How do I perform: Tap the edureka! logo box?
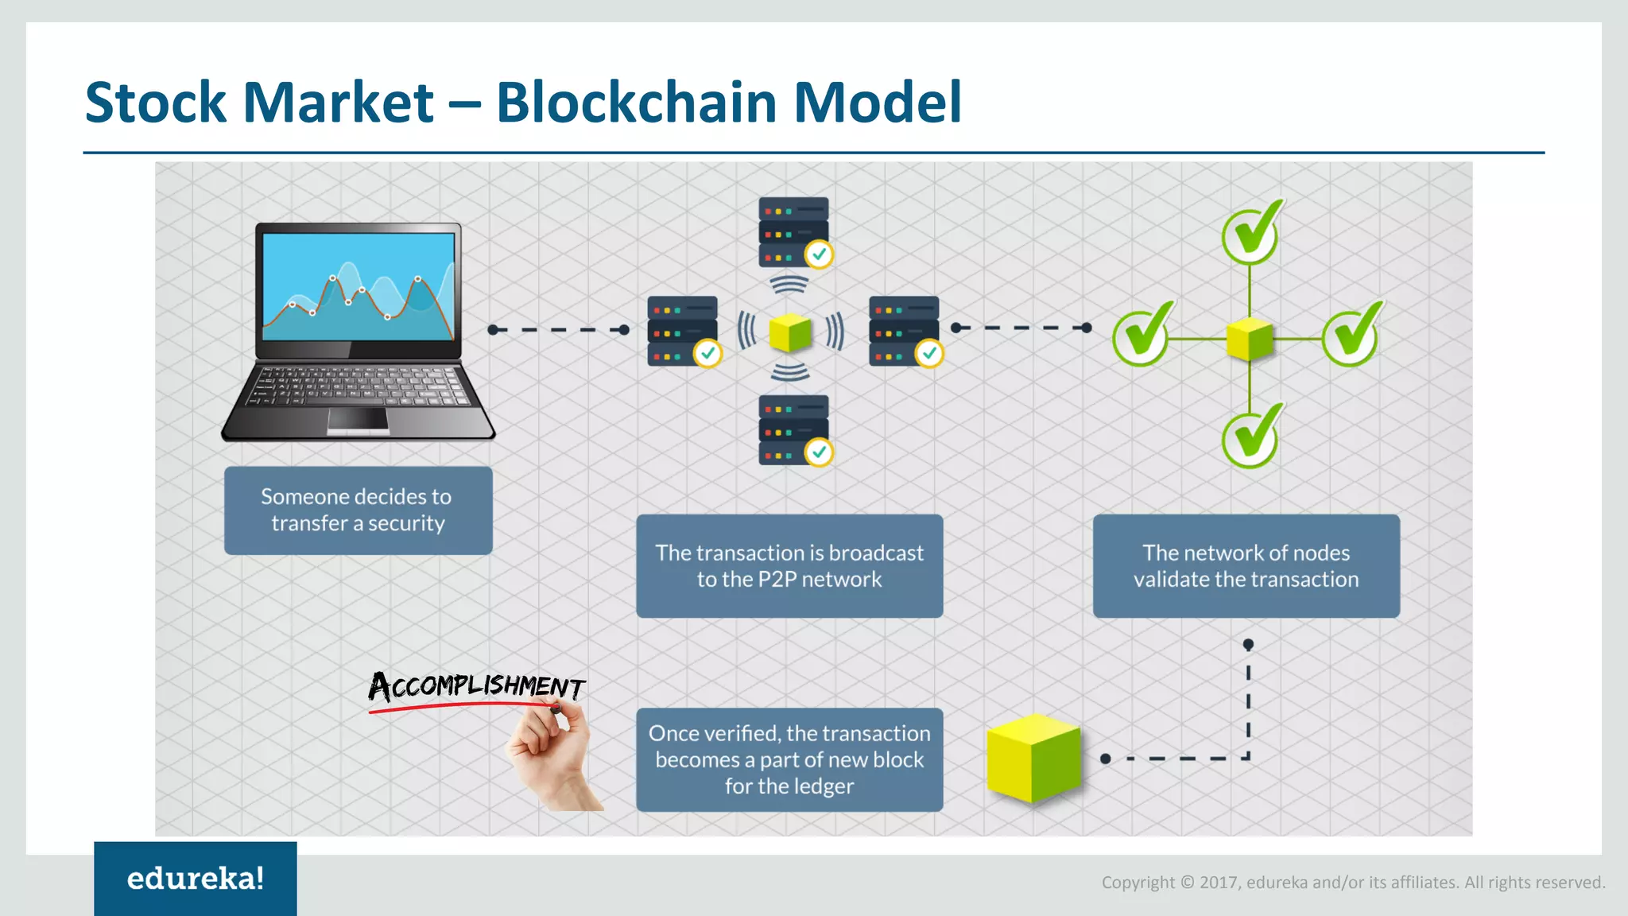[195, 878]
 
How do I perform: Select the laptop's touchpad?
[359, 418]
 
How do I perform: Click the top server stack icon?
[793, 231]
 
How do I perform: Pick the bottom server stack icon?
[793, 429]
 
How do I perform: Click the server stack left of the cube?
[682, 331]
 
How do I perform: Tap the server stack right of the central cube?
[904, 331]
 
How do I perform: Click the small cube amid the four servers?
[790, 332]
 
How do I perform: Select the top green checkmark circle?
[1250, 235]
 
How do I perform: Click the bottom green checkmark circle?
[1250, 439]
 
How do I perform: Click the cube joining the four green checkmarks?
[1250, 339]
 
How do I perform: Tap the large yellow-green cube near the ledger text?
[1033, 757]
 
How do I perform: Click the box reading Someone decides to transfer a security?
[358, 510]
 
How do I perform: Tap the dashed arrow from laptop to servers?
[558, 329]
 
